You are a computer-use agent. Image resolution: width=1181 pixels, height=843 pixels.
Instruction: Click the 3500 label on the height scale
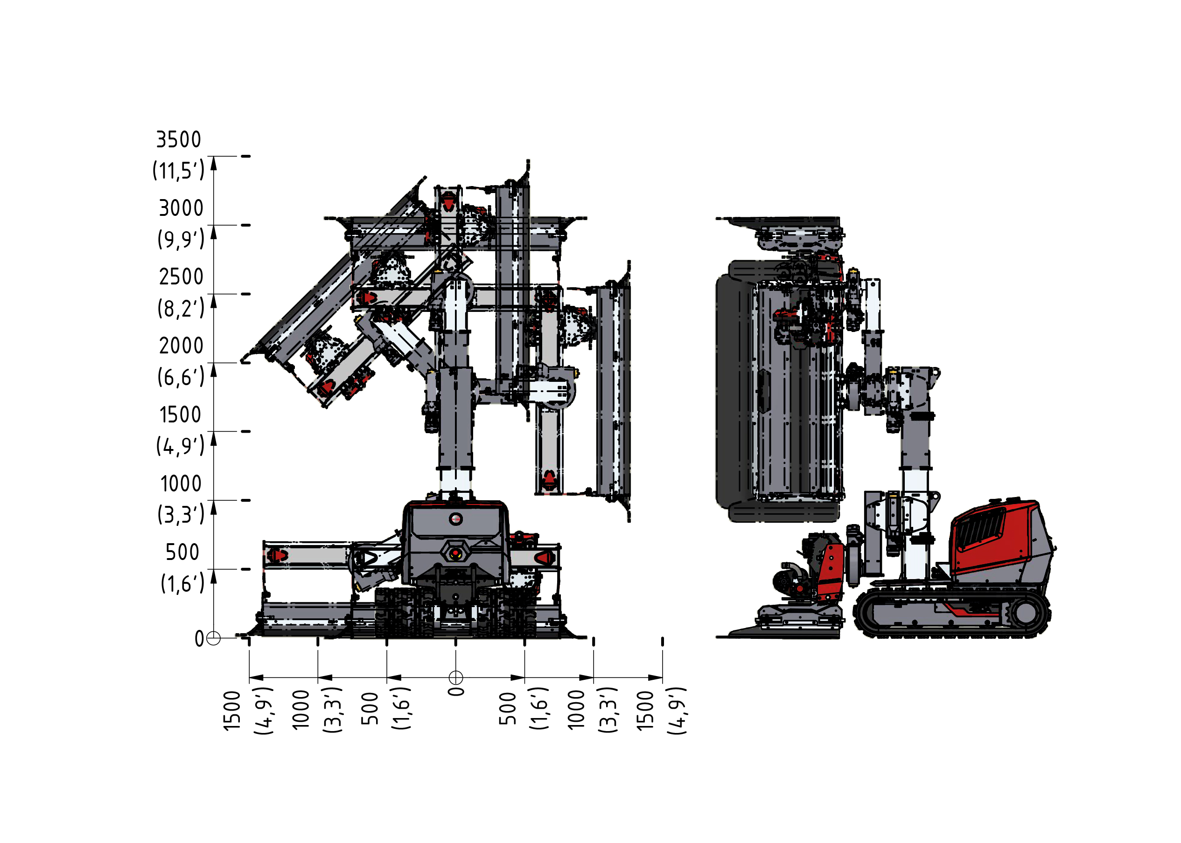click(179, 139)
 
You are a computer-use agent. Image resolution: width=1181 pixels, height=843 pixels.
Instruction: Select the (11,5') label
click(178, 170)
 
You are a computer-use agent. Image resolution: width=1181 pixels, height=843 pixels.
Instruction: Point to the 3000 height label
click(181, 208)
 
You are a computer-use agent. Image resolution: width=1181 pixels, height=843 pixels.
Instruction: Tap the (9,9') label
click(181, 239)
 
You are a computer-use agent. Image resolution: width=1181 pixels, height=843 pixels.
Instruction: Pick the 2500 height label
click(181, 276)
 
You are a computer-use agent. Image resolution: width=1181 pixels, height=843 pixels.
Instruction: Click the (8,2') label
click(181, 308)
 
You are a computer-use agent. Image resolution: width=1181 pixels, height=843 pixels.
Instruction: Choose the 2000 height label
click(181, 345)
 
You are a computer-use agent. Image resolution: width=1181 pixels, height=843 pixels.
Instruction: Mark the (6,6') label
click(181, 377)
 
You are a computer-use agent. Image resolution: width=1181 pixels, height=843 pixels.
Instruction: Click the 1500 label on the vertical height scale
click(180, 415)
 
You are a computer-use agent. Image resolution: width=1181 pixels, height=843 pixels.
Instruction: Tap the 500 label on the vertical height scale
click(182, 553)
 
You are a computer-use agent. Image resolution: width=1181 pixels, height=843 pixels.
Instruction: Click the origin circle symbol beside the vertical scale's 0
click(213, 638)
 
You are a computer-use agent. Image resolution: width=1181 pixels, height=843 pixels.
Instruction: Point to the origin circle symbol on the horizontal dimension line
click(455, 677)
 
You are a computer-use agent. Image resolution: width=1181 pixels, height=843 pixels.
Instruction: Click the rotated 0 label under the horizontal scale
click(456, 691)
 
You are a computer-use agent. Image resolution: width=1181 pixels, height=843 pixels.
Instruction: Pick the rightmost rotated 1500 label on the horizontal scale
click(645, 711)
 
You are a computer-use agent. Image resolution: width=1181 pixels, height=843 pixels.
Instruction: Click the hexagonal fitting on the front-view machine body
click(455, 553)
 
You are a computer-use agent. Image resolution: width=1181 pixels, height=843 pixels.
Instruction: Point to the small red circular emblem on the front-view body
click(455, 518)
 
